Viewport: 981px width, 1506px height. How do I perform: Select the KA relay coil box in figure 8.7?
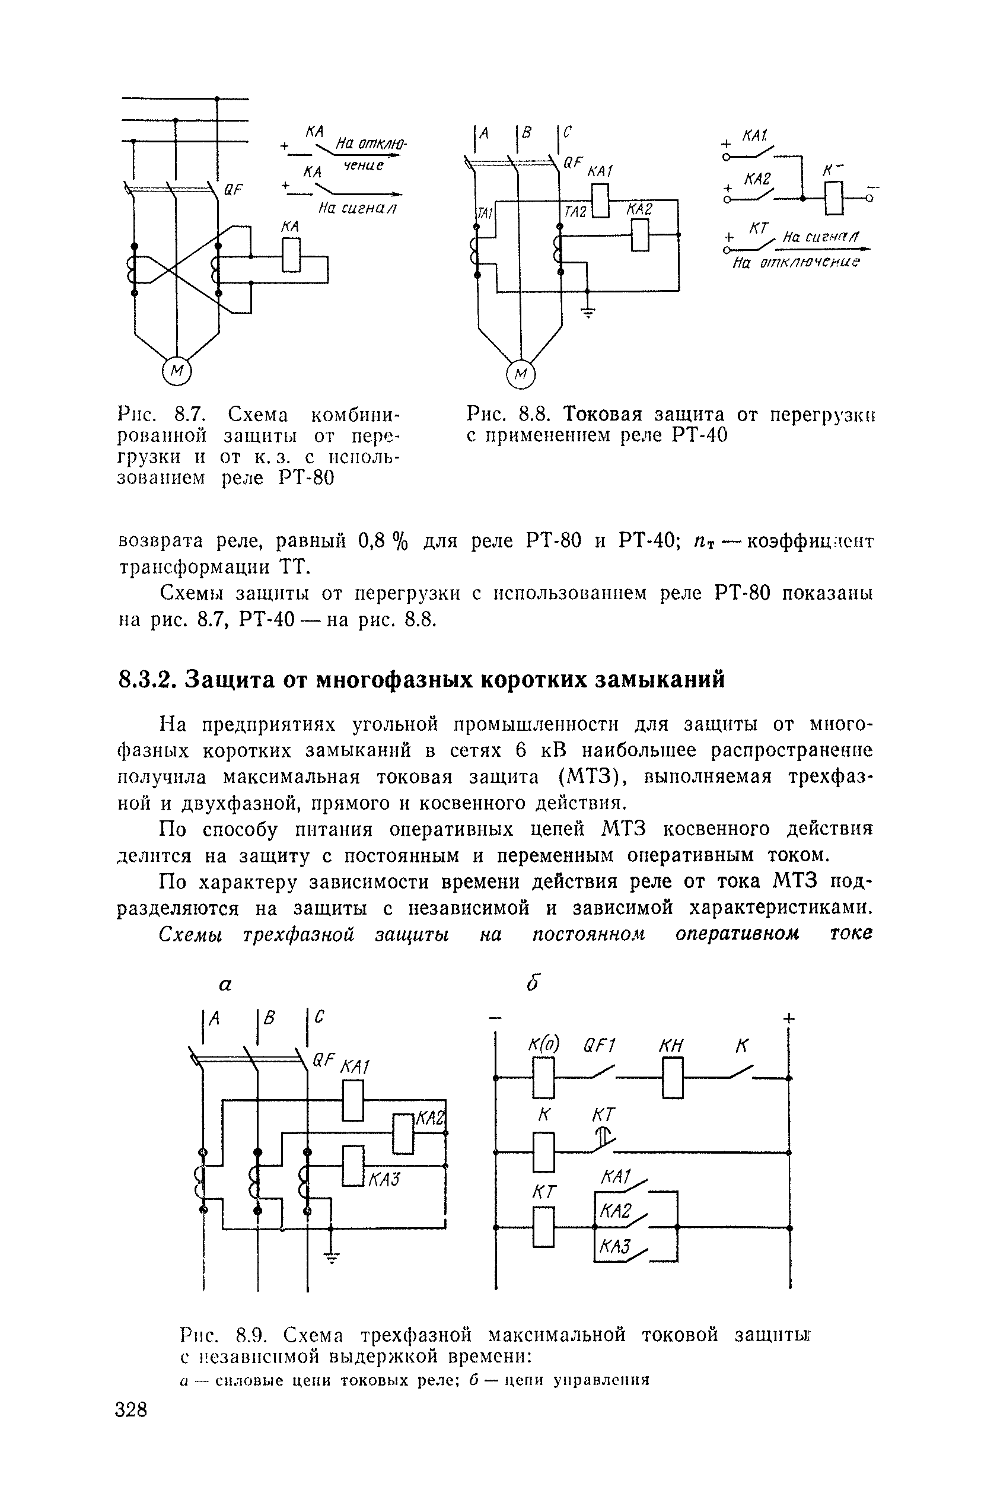291,255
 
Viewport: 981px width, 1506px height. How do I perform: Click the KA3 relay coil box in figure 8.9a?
352,1166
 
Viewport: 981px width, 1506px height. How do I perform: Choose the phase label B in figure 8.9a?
269,1018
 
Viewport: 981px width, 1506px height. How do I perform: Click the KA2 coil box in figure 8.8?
641,235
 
